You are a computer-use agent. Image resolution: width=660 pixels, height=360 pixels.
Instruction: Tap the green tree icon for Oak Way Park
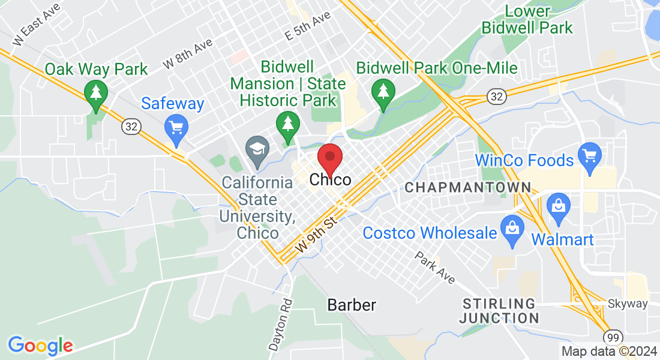click(95, 94)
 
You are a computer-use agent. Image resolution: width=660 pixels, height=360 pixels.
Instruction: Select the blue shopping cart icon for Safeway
click(176, 128)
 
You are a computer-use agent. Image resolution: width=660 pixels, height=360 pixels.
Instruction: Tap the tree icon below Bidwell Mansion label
click(288, 124)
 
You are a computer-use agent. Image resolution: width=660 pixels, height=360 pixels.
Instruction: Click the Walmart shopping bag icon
click(558, 206)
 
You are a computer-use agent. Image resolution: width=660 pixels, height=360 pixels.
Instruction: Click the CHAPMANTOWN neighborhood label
click(468, 188)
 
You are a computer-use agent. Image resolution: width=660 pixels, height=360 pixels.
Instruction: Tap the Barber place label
click(352, 305)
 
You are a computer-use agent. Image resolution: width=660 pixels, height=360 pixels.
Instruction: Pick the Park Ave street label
click(434, 268)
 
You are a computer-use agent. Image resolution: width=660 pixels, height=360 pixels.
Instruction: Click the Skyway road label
click(628, 304)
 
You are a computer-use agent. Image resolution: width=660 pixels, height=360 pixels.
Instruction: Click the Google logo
click(40, 345)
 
